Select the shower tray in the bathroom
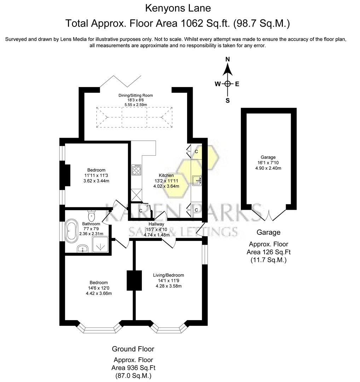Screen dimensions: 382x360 [x=101, y=245]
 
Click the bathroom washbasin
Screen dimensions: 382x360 [x=83, y=249]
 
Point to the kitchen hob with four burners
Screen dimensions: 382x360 [x=136, y=170]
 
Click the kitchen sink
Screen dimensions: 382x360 [x=197, y=181]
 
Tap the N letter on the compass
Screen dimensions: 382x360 [x=228, y=59]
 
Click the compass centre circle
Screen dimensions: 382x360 [x=228, y=84]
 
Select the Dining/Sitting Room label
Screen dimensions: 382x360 [x=135, y=95]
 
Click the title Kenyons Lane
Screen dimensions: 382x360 [x=178, y=8]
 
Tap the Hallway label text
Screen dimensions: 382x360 [x=156, y=224]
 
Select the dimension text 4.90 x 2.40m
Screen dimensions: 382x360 [x=268, y=168]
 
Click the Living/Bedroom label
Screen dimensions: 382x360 [x=168, y=275]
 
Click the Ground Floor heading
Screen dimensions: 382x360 [x=133, y=349]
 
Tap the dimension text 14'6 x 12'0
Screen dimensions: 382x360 [x=99, y=288]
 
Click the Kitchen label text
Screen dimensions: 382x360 [x=166, y=175]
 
